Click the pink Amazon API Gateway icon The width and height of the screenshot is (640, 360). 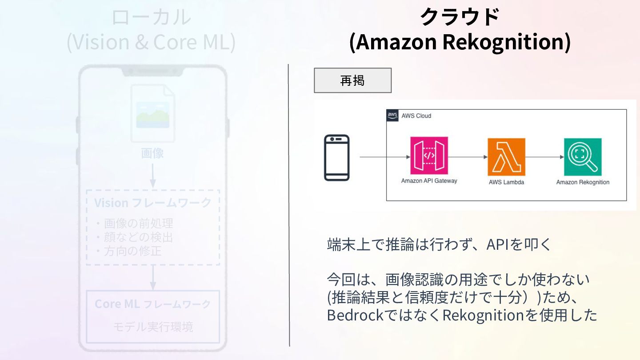click(x=429, y=156)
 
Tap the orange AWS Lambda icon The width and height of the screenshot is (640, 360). click(x=506, y=157)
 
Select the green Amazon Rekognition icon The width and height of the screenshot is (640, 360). click(x=583, y=157)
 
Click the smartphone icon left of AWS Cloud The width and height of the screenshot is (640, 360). click(x=336, y=158)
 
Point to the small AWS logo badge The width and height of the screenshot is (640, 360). click(x=392, y=116)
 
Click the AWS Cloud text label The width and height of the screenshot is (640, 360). click(x=416, y=116)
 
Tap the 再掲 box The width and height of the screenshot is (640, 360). click(x=352, y=80)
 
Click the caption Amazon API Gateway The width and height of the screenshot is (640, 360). click(x=429, y=181)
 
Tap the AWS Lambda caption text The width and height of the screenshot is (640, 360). click(x=506, y=182)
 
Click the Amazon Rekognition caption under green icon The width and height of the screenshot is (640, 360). click(x=583, y=182)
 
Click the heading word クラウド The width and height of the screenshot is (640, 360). click(x=460, y=18)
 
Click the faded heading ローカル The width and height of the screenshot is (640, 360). click(x=151, y=18)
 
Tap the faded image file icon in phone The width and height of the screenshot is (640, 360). click(x=152, y=113)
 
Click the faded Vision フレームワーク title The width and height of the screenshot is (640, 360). click(x=152, y=203)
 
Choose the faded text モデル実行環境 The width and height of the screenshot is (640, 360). click(x=152, y=328)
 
